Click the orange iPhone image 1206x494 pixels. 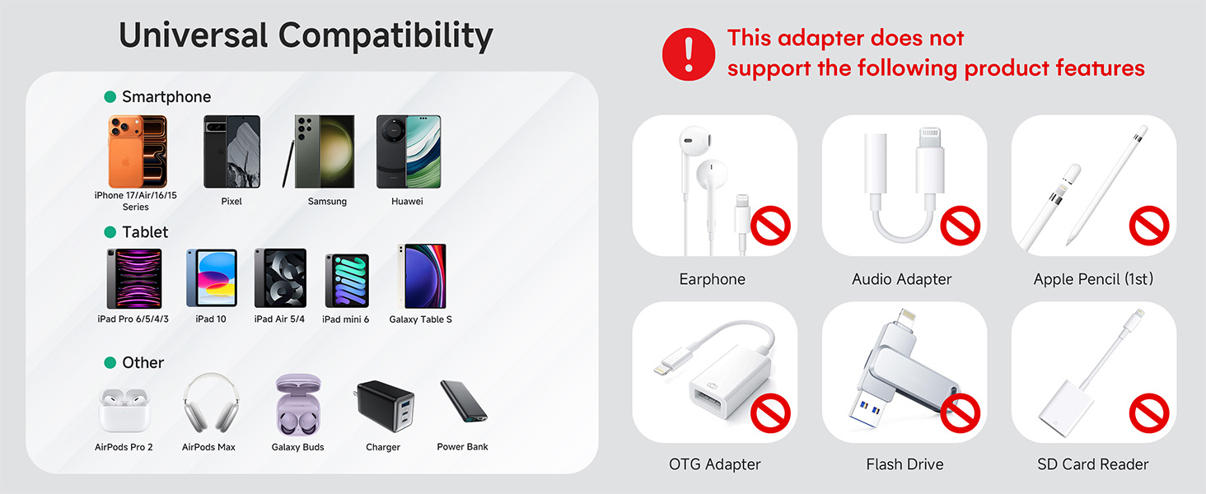tap(137, 151)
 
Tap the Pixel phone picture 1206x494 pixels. tap(231, 151)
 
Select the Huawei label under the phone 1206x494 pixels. tap(407, 201)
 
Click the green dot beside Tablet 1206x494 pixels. tap(110, 232)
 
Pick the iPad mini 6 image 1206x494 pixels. tap(346, 281)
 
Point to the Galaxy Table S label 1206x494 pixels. tap(420, 319)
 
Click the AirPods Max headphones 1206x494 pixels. tap(208, 403)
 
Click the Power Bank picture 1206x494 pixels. tap(463, 402)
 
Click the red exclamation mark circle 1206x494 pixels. tap(689, 54)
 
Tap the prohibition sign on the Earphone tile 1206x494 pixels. tap(770, 226)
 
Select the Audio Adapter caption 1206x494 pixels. tap(901, 279)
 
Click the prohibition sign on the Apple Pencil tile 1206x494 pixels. tap(1149, 226)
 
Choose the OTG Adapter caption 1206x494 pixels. tap(714, 464)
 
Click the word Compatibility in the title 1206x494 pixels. tap(386, 35)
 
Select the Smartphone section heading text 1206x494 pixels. tap(166, 97)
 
